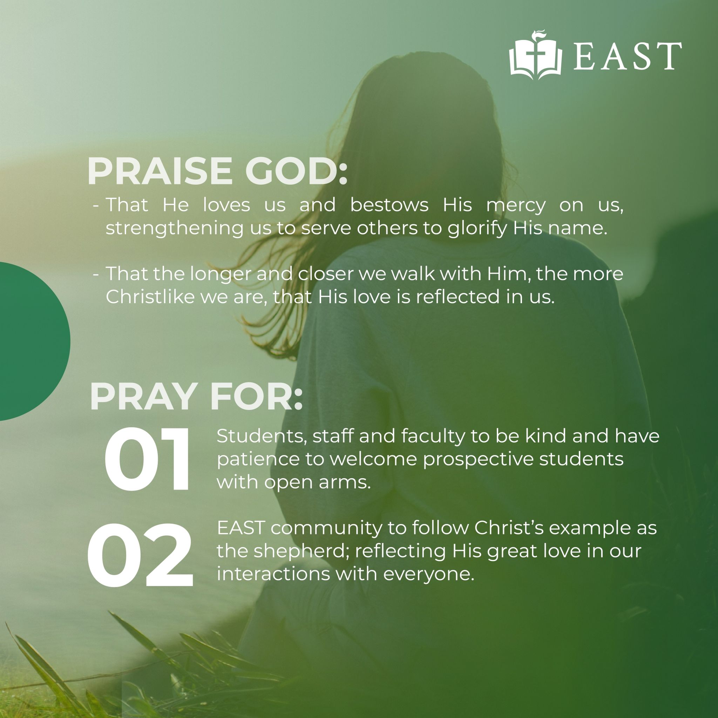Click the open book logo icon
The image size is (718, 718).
coord(535,56)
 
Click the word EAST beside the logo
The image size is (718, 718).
coord(628,56)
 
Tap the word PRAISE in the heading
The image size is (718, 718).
coord(160,171)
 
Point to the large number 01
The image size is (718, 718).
coord(147,460)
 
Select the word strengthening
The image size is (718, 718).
coord(174,228)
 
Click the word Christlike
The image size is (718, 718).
coord(150,297)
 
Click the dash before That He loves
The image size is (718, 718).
coord(96,205)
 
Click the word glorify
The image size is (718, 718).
coord(477,228)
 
